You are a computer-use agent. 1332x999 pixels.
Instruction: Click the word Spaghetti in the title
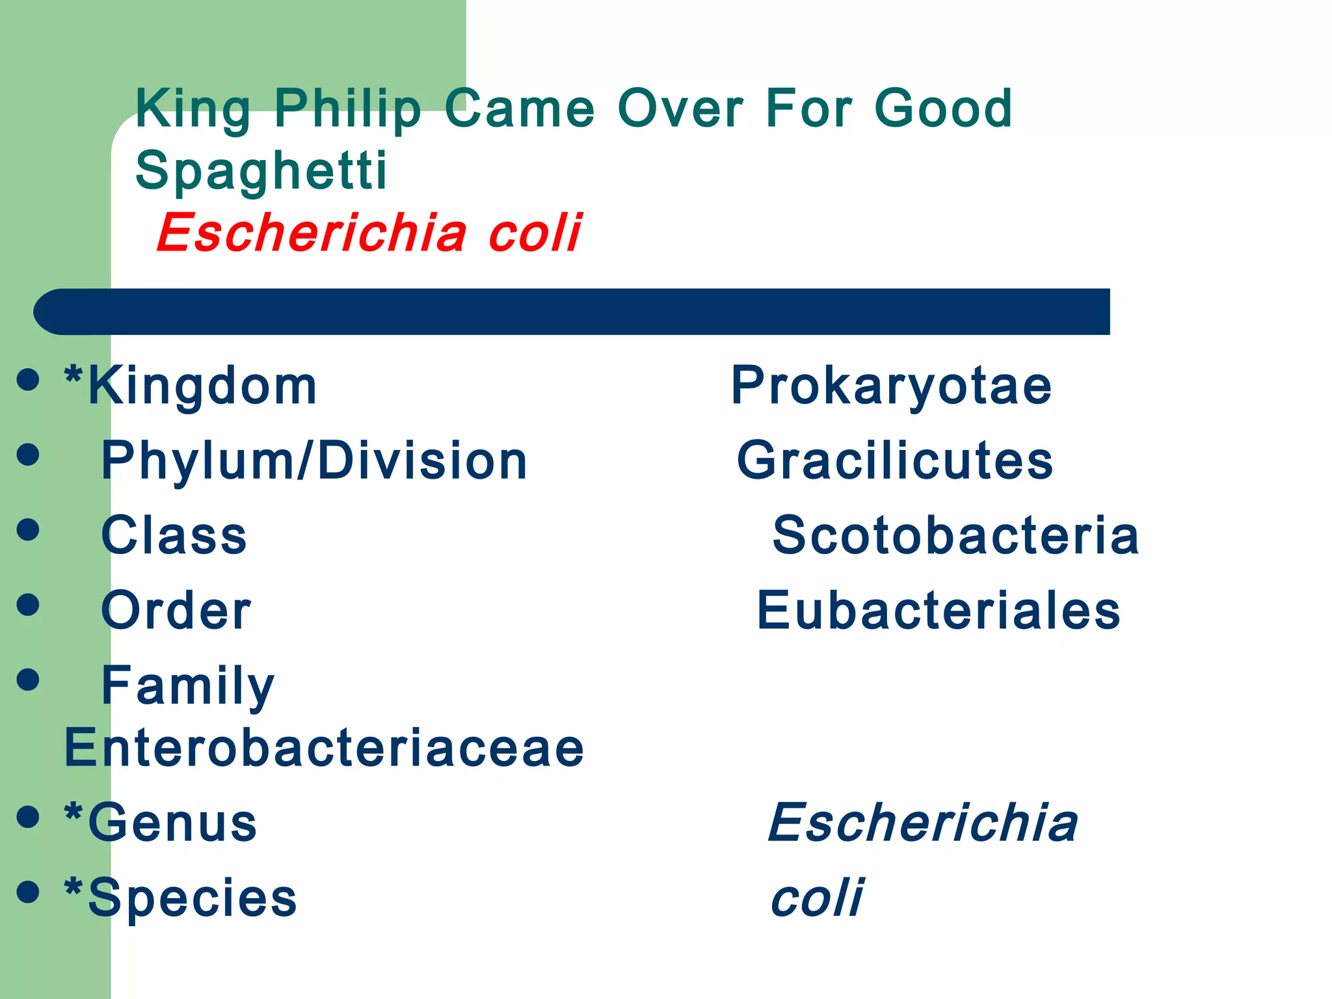pos(261,170)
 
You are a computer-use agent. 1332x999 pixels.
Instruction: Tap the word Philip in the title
pos(347,109)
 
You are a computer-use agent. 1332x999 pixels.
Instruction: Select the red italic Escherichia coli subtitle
pos(369,233)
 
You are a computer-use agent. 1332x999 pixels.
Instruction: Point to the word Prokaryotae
pos(891,386)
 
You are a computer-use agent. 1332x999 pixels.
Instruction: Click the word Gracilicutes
pos(894,460)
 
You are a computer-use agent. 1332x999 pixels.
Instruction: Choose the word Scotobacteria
pos(955,535)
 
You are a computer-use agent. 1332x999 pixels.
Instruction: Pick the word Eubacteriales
pos(939,611)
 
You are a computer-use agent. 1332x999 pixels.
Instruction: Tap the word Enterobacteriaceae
pos(324,748)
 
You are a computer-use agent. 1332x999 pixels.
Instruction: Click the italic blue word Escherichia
pos(922,823)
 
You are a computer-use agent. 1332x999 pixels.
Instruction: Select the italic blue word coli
pos(817,898)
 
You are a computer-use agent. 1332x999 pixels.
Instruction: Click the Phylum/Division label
pos(314,460)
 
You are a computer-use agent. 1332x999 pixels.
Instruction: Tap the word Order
pos(176,611)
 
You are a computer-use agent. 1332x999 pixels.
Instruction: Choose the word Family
pos(188,686)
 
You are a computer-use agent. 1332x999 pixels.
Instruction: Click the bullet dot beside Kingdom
pos(28,379)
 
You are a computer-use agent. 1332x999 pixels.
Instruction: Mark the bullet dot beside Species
pos(28,892)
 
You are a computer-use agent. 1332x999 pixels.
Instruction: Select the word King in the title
pos(193,109)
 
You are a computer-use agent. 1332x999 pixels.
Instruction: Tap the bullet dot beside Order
pos(28,604)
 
